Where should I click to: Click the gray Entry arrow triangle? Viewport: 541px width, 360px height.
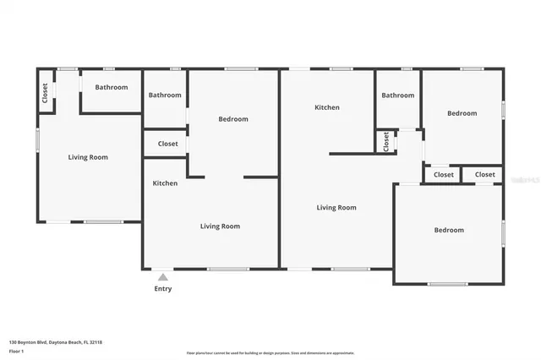click(163, 275)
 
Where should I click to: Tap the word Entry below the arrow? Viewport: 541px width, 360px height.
click(163, 289)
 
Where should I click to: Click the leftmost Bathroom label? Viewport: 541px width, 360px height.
click(111, 87)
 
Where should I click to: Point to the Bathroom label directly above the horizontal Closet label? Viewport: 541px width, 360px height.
click(165, 95)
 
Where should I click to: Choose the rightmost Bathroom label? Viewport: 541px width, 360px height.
click(397, 95)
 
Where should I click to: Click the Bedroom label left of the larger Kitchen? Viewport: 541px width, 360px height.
click(233, 119)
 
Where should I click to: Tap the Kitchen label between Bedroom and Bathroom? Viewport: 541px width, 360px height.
click(327, 107)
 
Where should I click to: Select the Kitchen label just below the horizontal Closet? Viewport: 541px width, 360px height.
click(165, 183)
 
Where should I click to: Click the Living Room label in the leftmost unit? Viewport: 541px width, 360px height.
click(88, 157)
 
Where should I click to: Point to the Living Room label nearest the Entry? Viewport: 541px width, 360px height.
click(220, 226)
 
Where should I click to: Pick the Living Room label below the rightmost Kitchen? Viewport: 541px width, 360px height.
click(336, 207)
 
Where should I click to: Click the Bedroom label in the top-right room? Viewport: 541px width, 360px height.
click(462, 113)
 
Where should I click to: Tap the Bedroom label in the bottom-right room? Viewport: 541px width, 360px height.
click(449, 230)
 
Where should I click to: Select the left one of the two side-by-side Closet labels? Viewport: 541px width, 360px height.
click(444, 175)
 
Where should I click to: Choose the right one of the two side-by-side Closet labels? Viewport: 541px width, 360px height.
click(484, 175)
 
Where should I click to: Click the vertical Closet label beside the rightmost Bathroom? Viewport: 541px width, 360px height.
click(385, 141)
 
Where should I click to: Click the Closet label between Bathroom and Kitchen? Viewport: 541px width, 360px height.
click(167, 144)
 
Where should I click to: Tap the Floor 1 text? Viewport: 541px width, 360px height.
click(16, 351)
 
